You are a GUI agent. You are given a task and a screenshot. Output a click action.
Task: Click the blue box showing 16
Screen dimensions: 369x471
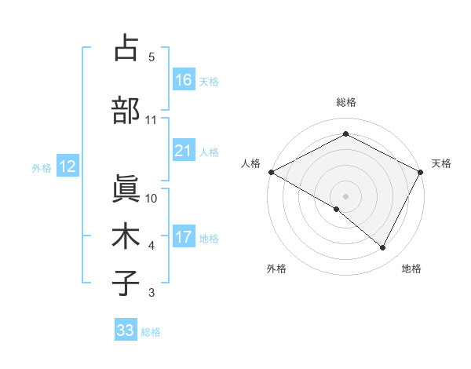(x=183, y=81)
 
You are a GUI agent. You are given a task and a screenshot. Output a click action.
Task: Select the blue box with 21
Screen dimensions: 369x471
(x=183, y=152)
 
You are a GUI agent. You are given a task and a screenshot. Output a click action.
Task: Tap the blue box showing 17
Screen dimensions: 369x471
(x=183, y=238)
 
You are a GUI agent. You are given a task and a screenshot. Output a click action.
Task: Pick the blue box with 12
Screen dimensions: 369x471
(x=67, y=167)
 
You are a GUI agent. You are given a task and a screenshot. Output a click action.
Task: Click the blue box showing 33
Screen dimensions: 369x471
(x=126, y=331)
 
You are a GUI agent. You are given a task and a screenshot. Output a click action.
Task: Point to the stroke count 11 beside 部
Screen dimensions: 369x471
(x=152, y=120)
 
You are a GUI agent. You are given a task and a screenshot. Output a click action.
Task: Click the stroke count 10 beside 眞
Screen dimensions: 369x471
(x=152, y=199)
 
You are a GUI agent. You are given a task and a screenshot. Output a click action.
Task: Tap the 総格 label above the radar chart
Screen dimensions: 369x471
(x=345, y=102)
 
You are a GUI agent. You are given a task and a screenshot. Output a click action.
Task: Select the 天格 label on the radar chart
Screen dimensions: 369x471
(x=441, y=163)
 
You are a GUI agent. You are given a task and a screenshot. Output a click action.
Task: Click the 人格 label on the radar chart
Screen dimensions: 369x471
(x=250, y=163)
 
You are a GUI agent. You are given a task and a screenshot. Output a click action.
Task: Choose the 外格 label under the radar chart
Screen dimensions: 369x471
(x=276, y=269)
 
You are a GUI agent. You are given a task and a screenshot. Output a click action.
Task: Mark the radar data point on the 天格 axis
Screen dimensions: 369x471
(x=421, y=171)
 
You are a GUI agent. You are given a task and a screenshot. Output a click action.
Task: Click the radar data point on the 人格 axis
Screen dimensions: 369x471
(x=271, y=171)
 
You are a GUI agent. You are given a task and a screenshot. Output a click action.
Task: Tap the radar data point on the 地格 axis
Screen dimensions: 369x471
(x=383, y=247)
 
